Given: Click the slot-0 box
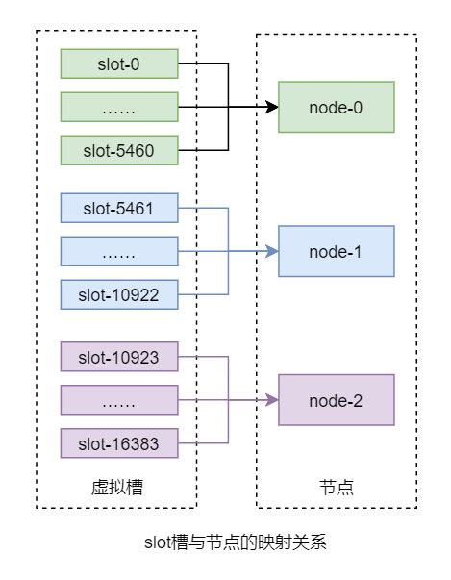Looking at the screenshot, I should tap(118, 64).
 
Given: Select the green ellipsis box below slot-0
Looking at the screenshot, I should tap(118, 108).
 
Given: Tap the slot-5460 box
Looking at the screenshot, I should tap(118, 150).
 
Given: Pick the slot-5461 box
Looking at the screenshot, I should tap(118, 208).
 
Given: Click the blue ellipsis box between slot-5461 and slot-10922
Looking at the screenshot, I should tap(118, 251).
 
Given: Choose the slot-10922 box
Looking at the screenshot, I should tap(118, 293).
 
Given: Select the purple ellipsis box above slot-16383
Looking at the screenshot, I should tap(118, 400).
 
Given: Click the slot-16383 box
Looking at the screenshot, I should tap(118, 442).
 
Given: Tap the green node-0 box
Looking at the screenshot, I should tap(336, 107).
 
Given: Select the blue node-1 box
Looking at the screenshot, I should tap(336, 251).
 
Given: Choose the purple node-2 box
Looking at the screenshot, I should tap(336, 400).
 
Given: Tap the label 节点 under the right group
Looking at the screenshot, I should tap(336, 488).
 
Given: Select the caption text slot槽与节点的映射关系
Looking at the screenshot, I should tap(227, 542).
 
